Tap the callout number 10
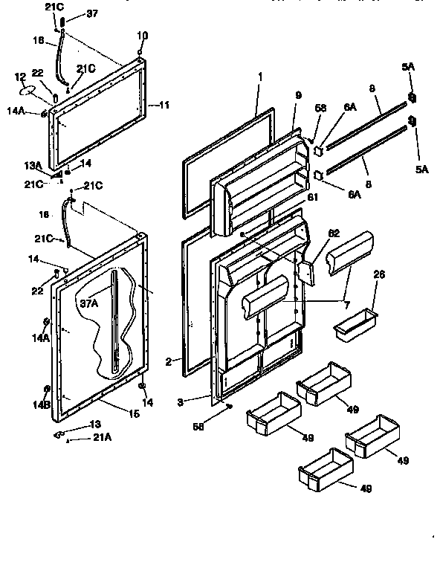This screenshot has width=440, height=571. pyautogui.click(x=143, y=35)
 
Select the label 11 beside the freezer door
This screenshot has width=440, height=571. pyautogui.click(x=164, y=106)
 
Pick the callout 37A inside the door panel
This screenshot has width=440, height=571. pyautogui.click(x=89, y=303)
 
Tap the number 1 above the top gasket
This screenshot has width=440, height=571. pyautogui.click(x=261, y=77)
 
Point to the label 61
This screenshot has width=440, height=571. pyautogui.click(x=312, y=196)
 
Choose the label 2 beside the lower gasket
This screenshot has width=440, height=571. pyautogui.click(x=169, y=361)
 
